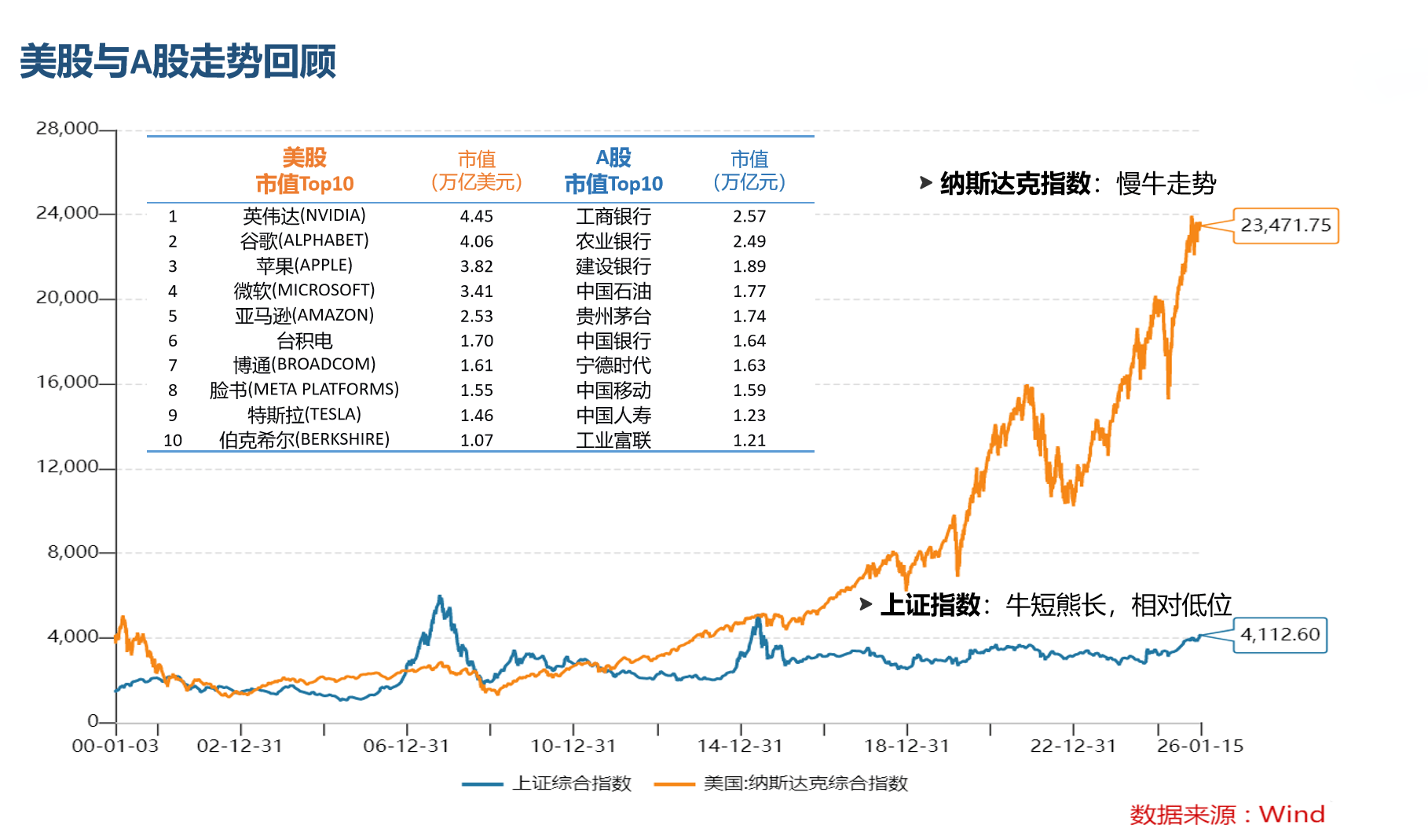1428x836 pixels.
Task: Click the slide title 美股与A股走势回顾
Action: pyautogui.click(x=178, y=61)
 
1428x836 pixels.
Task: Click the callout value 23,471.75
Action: pyautogui.click(x=1285, y=225)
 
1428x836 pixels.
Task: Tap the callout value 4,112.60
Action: pyautogui.click(x=1280, y=634)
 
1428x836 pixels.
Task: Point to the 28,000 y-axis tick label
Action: pyautogui.click(x=67, y=128)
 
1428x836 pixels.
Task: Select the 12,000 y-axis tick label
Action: pyautogui.click(x=67, y=467)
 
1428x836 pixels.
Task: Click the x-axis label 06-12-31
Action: pyautogui.click(x=405, y=746)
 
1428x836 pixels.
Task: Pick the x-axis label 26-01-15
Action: pyautogui.click(x=1199, y=746)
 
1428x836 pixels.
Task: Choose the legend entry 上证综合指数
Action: pyautogui.click(x=571, y=783)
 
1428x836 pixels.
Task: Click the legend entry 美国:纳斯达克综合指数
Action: pyautogui.click(x=805, y=783)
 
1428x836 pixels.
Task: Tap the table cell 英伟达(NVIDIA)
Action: pyautogui.click(x=304, y=215)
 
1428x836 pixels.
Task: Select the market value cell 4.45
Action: pyautogui.click(x=476, y=216)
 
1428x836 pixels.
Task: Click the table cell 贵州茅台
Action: pyautogui.click(x=613, y=316)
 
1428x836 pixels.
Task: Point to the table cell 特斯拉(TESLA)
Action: pyautogui.click(x=304, y=415)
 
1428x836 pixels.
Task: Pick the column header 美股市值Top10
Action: pyautogui.click(x=304, y=170)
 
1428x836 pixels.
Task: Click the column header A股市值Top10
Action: pyautogui.click(x=613, y=170)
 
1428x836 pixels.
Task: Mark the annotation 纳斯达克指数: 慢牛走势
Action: pyautogui.click(x=1077, y=183)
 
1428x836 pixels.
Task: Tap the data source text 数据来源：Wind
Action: pyautogui.click(x=1226, y=814)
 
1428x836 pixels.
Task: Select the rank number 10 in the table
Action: pyautogui.click(x=173, y=441)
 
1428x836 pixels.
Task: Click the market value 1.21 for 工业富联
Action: pyautogui.click(x=749, y=441)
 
